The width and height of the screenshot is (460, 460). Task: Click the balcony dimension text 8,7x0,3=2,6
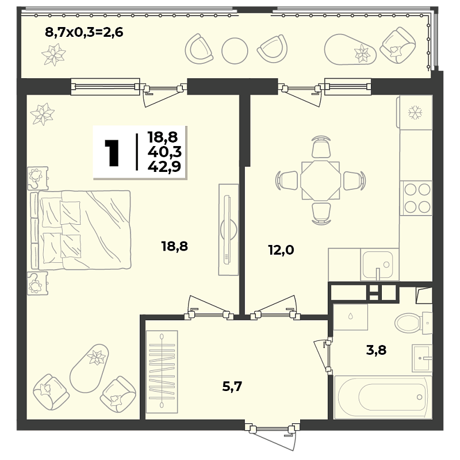[84, 32]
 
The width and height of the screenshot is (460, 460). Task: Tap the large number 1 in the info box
[112, 153]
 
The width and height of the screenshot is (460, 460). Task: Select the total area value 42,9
[164, 166]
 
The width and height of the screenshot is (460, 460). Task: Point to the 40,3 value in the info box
[164, 152]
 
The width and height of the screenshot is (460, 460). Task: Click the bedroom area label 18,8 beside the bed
[175, 247]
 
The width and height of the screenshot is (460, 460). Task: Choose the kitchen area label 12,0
[281, 250]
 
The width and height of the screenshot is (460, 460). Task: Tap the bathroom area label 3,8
[377, 350]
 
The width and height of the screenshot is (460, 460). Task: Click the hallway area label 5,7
[232, 386]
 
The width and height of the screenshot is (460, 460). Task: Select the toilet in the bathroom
[413, 323]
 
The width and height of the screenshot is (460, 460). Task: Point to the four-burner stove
[416, 198]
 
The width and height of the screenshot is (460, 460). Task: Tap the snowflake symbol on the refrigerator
[415, 112]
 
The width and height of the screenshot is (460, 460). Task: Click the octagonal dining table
[320, 180]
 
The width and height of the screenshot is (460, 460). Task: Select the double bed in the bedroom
[80, 230]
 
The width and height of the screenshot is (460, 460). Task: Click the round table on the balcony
[235, 51]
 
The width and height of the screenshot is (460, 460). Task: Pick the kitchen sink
[378, 264]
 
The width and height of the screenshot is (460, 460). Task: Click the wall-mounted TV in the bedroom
[228, 229]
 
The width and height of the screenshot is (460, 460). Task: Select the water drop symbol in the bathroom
[351, 316]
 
